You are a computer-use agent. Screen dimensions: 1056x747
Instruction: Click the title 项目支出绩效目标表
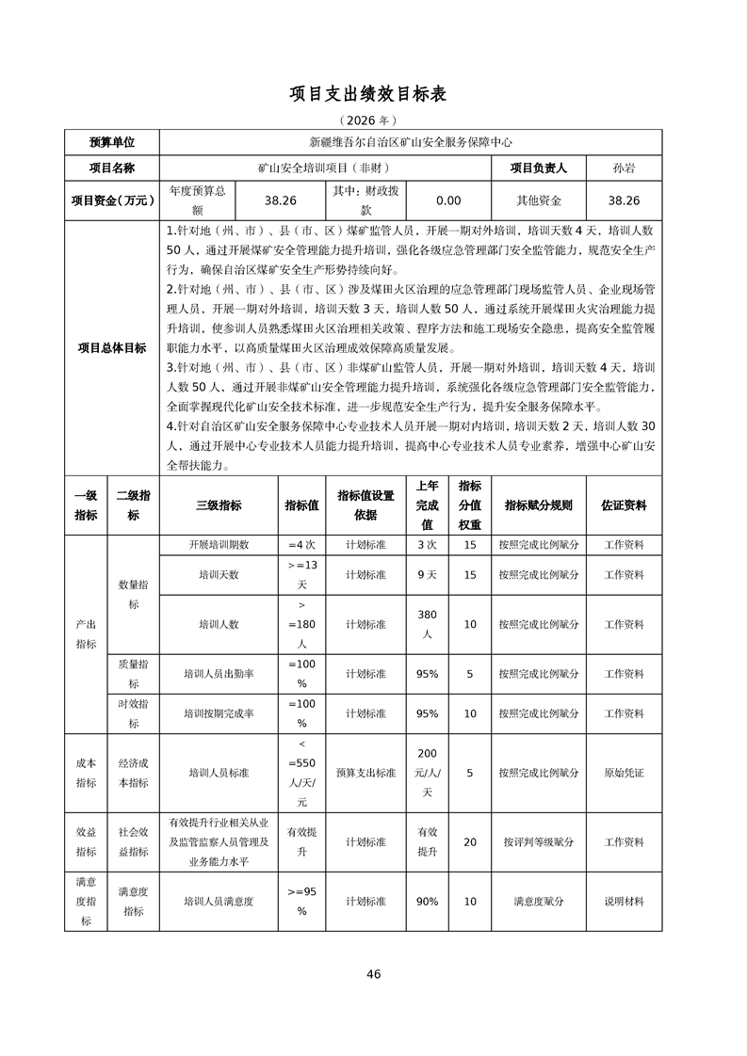(373, 94)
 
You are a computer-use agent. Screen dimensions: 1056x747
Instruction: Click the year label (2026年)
(373, 120)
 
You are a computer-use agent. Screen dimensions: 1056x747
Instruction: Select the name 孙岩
(623, 168)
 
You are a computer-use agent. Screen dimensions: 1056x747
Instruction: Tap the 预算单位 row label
(112, 142)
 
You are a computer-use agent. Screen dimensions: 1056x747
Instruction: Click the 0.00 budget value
(448, 200)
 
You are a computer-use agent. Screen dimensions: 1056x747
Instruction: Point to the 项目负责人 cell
(539, 168)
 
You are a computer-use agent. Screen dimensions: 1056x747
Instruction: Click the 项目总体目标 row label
(112, 347)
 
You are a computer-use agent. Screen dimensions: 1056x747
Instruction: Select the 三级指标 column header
(219, 505)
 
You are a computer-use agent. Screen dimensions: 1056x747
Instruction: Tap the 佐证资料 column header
(624, 505)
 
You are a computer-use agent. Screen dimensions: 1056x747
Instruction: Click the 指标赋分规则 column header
(539, 505)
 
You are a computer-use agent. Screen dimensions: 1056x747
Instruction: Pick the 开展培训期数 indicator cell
(219, 545)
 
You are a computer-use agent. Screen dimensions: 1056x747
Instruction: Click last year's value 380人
(427, 624)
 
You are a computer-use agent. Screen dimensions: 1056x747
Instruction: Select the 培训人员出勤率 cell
(219, 674)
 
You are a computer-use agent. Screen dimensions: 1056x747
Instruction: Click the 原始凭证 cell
(624, 773)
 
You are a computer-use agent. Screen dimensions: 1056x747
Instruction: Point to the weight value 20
(470, 842)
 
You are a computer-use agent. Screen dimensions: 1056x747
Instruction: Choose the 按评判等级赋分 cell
(539, 842)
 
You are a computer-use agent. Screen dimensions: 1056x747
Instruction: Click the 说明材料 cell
(624, 902)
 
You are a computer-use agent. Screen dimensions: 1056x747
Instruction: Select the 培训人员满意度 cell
(219, 902)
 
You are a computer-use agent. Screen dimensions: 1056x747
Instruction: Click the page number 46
(374, 974)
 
